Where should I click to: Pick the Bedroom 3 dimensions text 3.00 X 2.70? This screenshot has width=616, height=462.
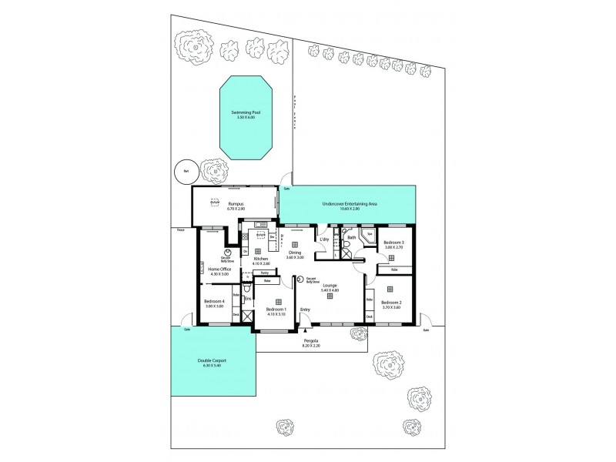(393, 247)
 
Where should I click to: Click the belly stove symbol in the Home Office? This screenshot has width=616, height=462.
(229, 253)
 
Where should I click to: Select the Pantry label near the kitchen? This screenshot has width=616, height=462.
(264, 273)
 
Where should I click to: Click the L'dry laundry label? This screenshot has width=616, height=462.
(324, 239)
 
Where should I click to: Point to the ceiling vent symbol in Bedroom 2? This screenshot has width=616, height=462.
(390, 289)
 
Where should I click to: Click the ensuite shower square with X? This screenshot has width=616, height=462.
(246, 316)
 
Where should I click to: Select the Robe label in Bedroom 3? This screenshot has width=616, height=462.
(393, 270)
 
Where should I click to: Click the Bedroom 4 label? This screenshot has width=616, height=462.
(213, 301)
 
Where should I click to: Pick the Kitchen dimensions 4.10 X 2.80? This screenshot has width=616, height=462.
(261, 264)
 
